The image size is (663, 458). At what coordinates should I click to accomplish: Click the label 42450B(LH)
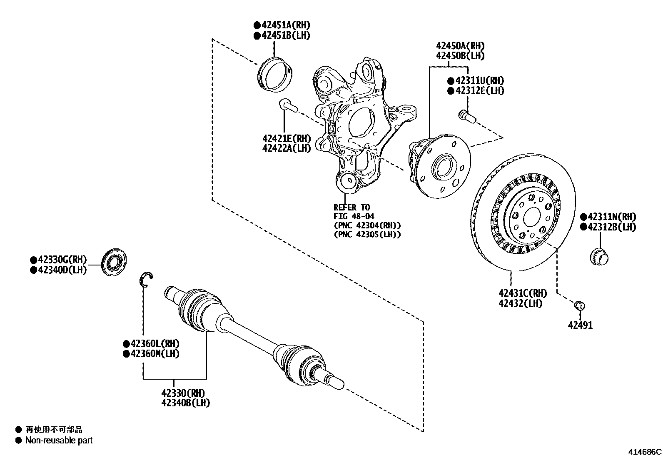(460, 55)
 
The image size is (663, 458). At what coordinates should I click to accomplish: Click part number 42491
(580, 325)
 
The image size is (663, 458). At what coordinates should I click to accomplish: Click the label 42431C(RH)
(523, 293)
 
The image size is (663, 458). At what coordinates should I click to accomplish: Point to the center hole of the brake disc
(531, 217)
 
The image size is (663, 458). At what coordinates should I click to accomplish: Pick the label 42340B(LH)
(185, 403)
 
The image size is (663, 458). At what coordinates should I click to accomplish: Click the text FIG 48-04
(354, 216)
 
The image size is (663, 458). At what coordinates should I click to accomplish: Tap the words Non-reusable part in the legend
(59, 440)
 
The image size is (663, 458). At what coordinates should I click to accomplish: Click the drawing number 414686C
(645, 452)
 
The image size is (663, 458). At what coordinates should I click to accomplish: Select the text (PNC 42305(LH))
(367, 235)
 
